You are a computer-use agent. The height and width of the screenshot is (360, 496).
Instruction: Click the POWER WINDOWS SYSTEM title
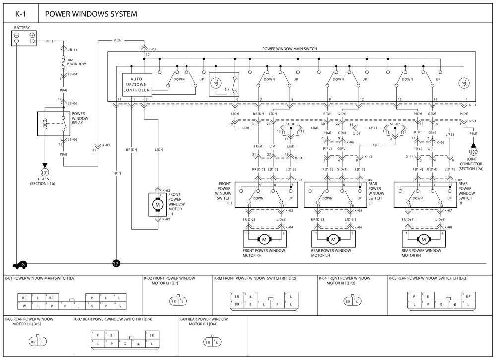pyautogui.click(x=91, y=14)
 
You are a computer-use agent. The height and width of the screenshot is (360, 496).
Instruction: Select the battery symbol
pyautogui.click(x=24, y=38)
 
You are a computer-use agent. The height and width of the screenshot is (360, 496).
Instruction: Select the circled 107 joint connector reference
pyautogui.click(x=473, y=153)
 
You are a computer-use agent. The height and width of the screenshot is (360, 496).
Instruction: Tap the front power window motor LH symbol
pyautogui.click(x=158, y=204)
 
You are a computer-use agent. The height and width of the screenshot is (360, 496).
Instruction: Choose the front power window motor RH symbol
pyautogui.click(x=264, y=240)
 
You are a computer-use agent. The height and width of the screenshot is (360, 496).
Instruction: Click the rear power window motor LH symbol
pyautogui.click(x=333, y=240)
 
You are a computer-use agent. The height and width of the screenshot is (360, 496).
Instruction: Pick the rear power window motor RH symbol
pyautogui.click(x=424, y=240)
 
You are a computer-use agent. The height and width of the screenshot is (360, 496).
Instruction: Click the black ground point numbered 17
pyautogui.click(x=116, y=263)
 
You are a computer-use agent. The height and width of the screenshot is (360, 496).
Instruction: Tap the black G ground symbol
pyautogui.click(x=23, y=265)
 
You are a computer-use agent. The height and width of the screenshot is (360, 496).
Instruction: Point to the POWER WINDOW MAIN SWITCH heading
pyautogui.click(x=290, y=49)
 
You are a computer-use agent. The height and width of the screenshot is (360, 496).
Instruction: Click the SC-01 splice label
pyautogui.click(x=290, y=124)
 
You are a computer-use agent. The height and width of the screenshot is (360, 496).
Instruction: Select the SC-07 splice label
pyautogui.click(x=395, y=124)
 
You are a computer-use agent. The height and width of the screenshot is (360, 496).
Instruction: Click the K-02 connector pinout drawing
pyautogui.click(x=178, y=301)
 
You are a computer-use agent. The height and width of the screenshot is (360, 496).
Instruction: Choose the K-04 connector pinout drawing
pyautogui.click(x=352, y=301)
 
